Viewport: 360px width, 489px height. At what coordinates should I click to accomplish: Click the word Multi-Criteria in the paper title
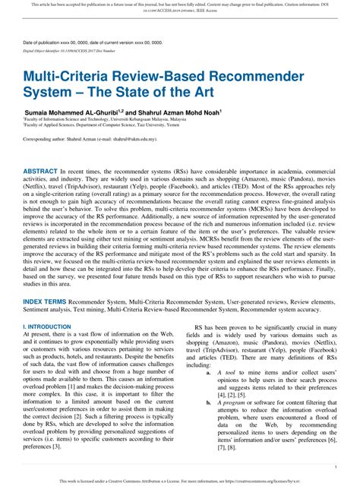tap(75, 78)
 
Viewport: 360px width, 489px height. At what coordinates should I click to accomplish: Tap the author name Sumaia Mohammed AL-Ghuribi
tap(84, 112)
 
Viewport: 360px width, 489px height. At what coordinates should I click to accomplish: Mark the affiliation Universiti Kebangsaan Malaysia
tap(147, 119)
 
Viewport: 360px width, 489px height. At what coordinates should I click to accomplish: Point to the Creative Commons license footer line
tap(179, 481)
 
